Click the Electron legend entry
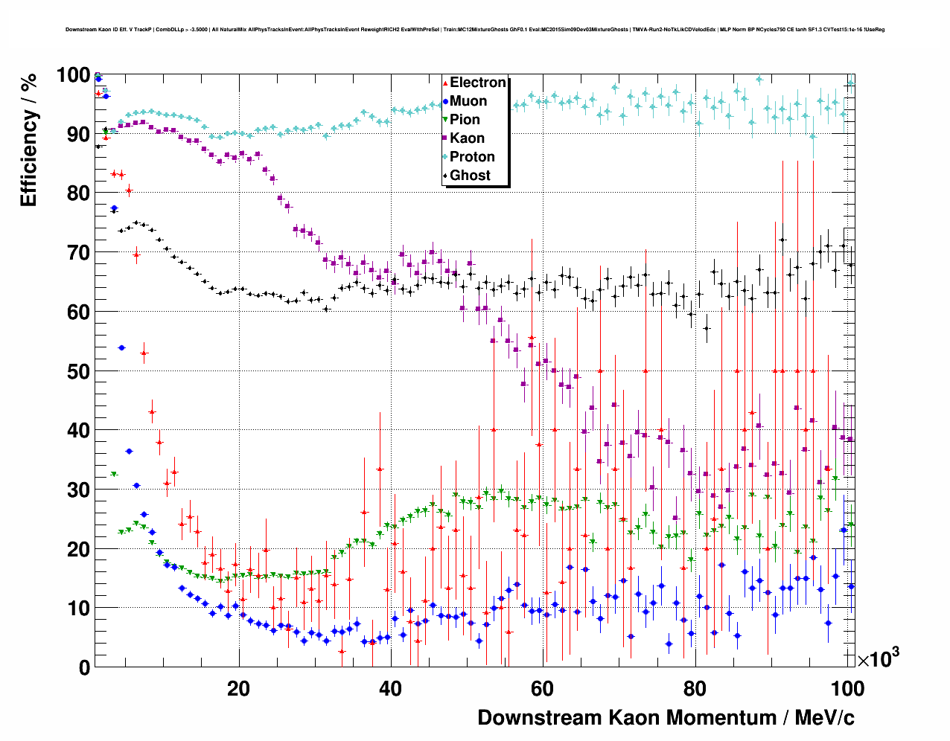pos(477,83)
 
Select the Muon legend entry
pos(468,101)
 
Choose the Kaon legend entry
pos(467,138)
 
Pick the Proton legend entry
pos(472,157)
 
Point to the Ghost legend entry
pos(470,176)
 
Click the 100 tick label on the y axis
pos(73,75)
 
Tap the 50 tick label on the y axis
pos(78,371)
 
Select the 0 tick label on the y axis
pos(84,667)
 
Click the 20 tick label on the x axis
pos(238,688)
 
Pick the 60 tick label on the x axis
pos(542,688)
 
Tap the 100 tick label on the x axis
pos(847,688)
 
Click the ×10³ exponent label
pos(878,659)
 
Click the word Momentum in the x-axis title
pos(721,718)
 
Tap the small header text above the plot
pos(474,30)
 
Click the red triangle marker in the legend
pos(445,83)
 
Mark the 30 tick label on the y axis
pos(78,490)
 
